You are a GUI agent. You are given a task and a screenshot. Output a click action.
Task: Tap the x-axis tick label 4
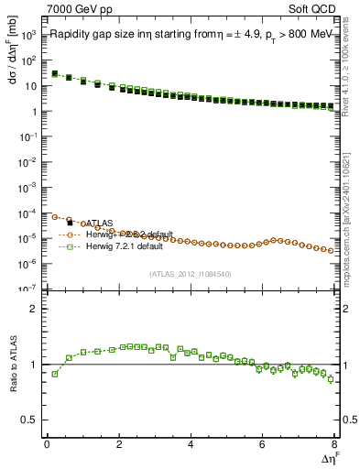tap(191, 444)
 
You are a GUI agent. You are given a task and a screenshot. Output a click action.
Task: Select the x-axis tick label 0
tap(47, 444)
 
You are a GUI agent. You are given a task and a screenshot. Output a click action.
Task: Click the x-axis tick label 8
tap(335, 444)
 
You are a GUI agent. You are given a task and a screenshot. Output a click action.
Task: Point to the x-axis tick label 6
tap(263, 444)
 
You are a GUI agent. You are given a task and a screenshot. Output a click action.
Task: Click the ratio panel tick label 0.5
tap(30, 420)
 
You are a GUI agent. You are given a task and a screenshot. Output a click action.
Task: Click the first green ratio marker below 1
tap(54, 374)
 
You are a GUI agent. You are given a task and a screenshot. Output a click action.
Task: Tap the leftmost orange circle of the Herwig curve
tap(54, 217)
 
